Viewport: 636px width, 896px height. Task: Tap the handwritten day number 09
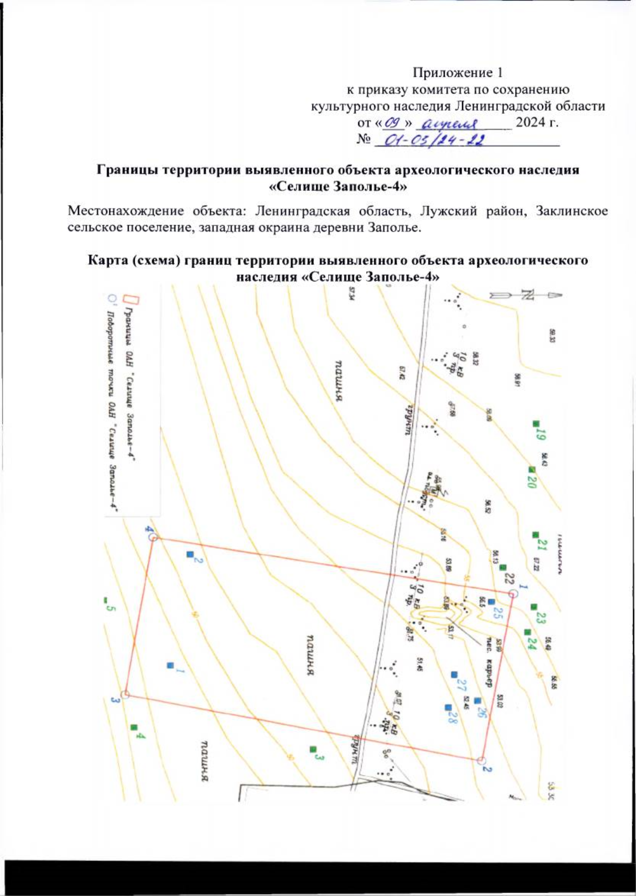(x=393, y=123)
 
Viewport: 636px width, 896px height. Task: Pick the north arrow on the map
(x=525, y=295)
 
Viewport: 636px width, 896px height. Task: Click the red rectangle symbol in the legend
(x=135, y=300)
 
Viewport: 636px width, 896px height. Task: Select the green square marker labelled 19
(x=536, y=423)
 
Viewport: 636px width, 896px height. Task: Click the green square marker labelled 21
(x=535, y=535)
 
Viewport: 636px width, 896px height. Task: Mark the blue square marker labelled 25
(x=491, y=601)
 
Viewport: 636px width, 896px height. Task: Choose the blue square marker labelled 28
(x=448, y=707)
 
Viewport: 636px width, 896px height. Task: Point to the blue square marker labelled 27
(x=454, y=675)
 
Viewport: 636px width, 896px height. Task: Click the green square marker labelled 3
(x=313, y=749)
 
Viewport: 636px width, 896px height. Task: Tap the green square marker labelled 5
(x=105, y=600)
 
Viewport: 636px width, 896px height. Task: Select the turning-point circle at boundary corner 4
(x=153, y=537)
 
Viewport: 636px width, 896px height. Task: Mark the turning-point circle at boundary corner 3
(x=125, y=694)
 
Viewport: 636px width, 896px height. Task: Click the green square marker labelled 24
(x=527, y=632)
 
